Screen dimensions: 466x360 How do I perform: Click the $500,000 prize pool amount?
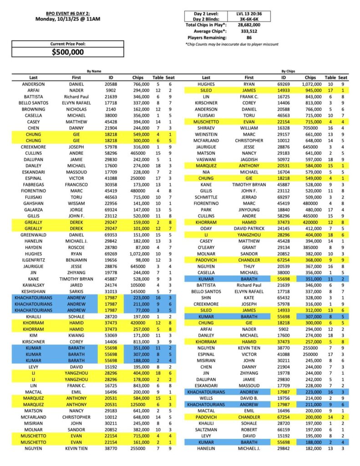(x=68, y=52)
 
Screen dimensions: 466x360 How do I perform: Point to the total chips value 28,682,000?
(x=248, y=25)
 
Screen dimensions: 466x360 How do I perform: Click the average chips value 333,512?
(x=248, y=31)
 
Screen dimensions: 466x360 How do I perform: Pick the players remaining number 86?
(x=248, y=38)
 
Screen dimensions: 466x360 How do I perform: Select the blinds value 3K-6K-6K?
(x=248, y=19)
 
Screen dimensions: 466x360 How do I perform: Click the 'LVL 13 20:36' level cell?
(x=248, y=13)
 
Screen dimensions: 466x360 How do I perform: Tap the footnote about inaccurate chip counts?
(x=232, y=44)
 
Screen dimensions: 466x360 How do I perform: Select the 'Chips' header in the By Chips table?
(x=311, y=77)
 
